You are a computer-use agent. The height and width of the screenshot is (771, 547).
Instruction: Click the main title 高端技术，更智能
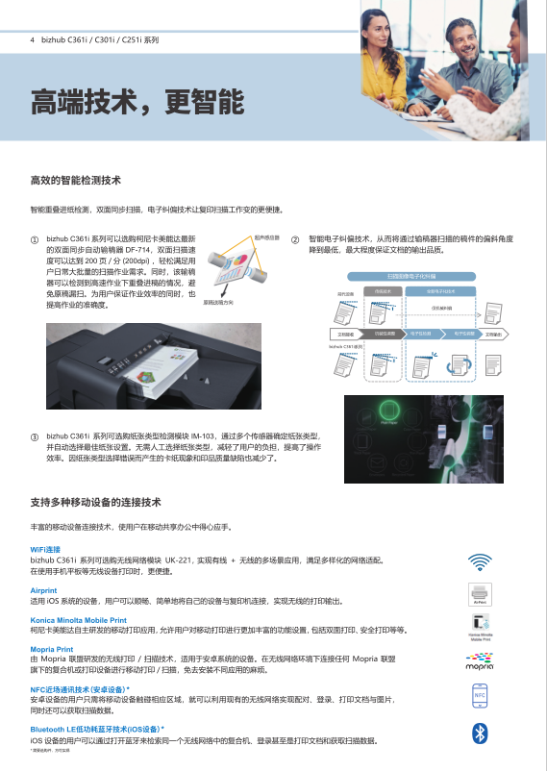tap(137, 101)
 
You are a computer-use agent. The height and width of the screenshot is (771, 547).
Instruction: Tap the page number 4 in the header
tap(33, 41)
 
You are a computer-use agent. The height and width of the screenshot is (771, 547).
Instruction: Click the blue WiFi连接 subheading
tap(45, 549)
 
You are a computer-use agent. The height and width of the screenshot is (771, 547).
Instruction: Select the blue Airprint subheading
tap(43, 590)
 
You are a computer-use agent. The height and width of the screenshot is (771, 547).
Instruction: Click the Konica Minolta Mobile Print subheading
tap(79, 620)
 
